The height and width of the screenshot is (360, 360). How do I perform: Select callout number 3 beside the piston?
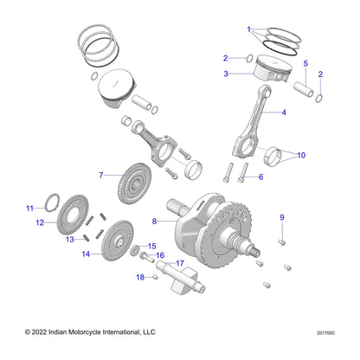point(226,74)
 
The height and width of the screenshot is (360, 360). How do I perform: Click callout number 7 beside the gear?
point(101,176)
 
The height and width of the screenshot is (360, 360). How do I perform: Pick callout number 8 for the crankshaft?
point(154,222)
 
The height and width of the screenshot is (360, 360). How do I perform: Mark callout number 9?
point(281,215)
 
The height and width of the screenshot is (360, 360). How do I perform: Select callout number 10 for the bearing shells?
point(302,156)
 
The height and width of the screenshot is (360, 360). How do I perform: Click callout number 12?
point(39,222)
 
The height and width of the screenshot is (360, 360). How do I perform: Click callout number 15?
point(151,246)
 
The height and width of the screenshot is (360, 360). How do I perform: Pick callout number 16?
point(160,255)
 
